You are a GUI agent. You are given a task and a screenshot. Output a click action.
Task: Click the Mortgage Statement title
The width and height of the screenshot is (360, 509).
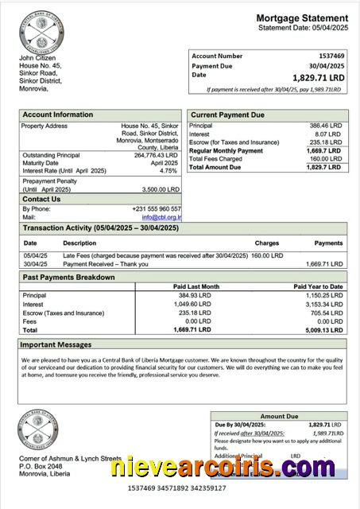[301, 18]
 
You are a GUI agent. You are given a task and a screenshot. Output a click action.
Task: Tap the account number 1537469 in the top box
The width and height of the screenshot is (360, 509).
[331, 56]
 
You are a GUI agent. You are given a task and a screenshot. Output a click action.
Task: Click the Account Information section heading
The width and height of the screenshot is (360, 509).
[57, 115]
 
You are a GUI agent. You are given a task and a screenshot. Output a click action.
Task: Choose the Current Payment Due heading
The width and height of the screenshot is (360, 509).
[226, 115]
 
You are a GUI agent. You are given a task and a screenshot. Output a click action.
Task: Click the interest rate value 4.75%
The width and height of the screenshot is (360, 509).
[168, 171]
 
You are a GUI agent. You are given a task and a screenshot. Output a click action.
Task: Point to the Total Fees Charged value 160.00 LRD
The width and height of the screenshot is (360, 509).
[327, 159]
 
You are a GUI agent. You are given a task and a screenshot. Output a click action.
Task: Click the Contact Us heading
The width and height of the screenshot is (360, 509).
[42, 199]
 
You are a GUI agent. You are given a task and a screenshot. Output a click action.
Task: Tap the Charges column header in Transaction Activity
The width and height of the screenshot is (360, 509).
[266, 243]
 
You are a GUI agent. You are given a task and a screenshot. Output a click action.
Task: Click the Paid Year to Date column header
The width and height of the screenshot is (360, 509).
[318, 286]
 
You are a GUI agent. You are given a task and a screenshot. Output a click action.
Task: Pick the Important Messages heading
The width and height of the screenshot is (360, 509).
[55, 345]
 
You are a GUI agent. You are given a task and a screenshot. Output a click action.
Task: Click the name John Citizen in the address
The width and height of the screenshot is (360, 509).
[38, 59]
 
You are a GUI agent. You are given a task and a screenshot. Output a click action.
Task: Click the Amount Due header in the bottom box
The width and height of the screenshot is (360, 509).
[279, 416]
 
